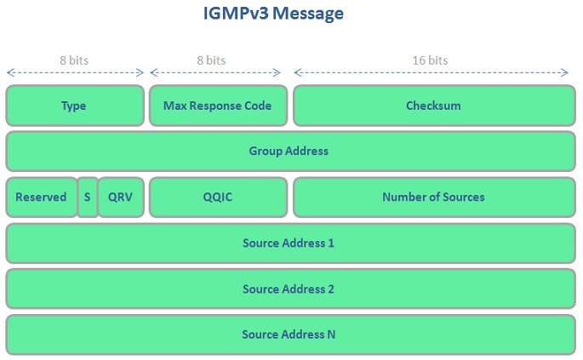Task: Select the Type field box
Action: tap(75, 106)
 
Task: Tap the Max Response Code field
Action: tap(217, 106)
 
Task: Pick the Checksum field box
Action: tap(433, 106)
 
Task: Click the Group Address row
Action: tap(290, 151)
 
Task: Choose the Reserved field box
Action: tap(41, 197)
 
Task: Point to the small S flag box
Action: tap(87, 197)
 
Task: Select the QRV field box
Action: tap(121, 197)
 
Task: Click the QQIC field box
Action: tap(217, 197)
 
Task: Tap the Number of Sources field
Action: tap(433, 197)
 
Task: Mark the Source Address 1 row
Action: tap(290, 243)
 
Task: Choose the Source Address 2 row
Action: tap(290, 289)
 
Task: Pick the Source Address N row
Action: tap(290, 334)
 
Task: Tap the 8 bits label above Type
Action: tap(74, 60)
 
